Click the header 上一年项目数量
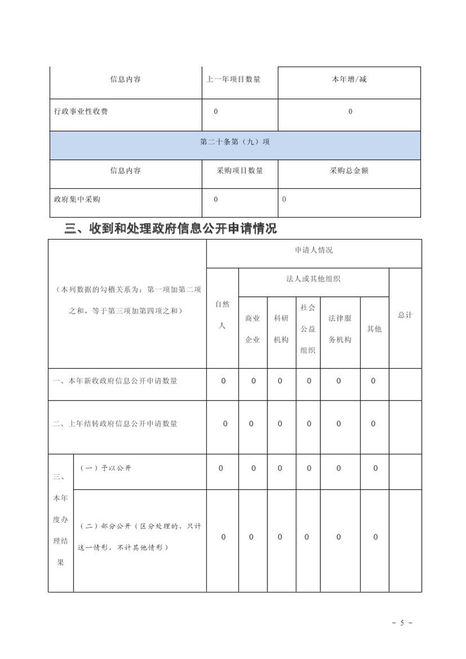click(234, 79)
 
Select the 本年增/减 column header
click(350, 79)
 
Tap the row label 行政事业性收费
click(80, 111)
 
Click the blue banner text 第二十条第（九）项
click(235, 141)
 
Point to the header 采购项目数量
click(239, 171)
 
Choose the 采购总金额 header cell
click(349, 171)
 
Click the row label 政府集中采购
click(76, 199)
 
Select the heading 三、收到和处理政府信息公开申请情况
click(170, 229)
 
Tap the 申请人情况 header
click(314, 250)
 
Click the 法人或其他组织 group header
click(313, 279)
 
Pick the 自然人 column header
click(222, 315)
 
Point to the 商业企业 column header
click(252, 329)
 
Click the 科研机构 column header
click(281, 329)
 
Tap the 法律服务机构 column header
click(340, 329)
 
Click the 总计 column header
click(405, 315)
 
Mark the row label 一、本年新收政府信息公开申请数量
click(115, 381)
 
